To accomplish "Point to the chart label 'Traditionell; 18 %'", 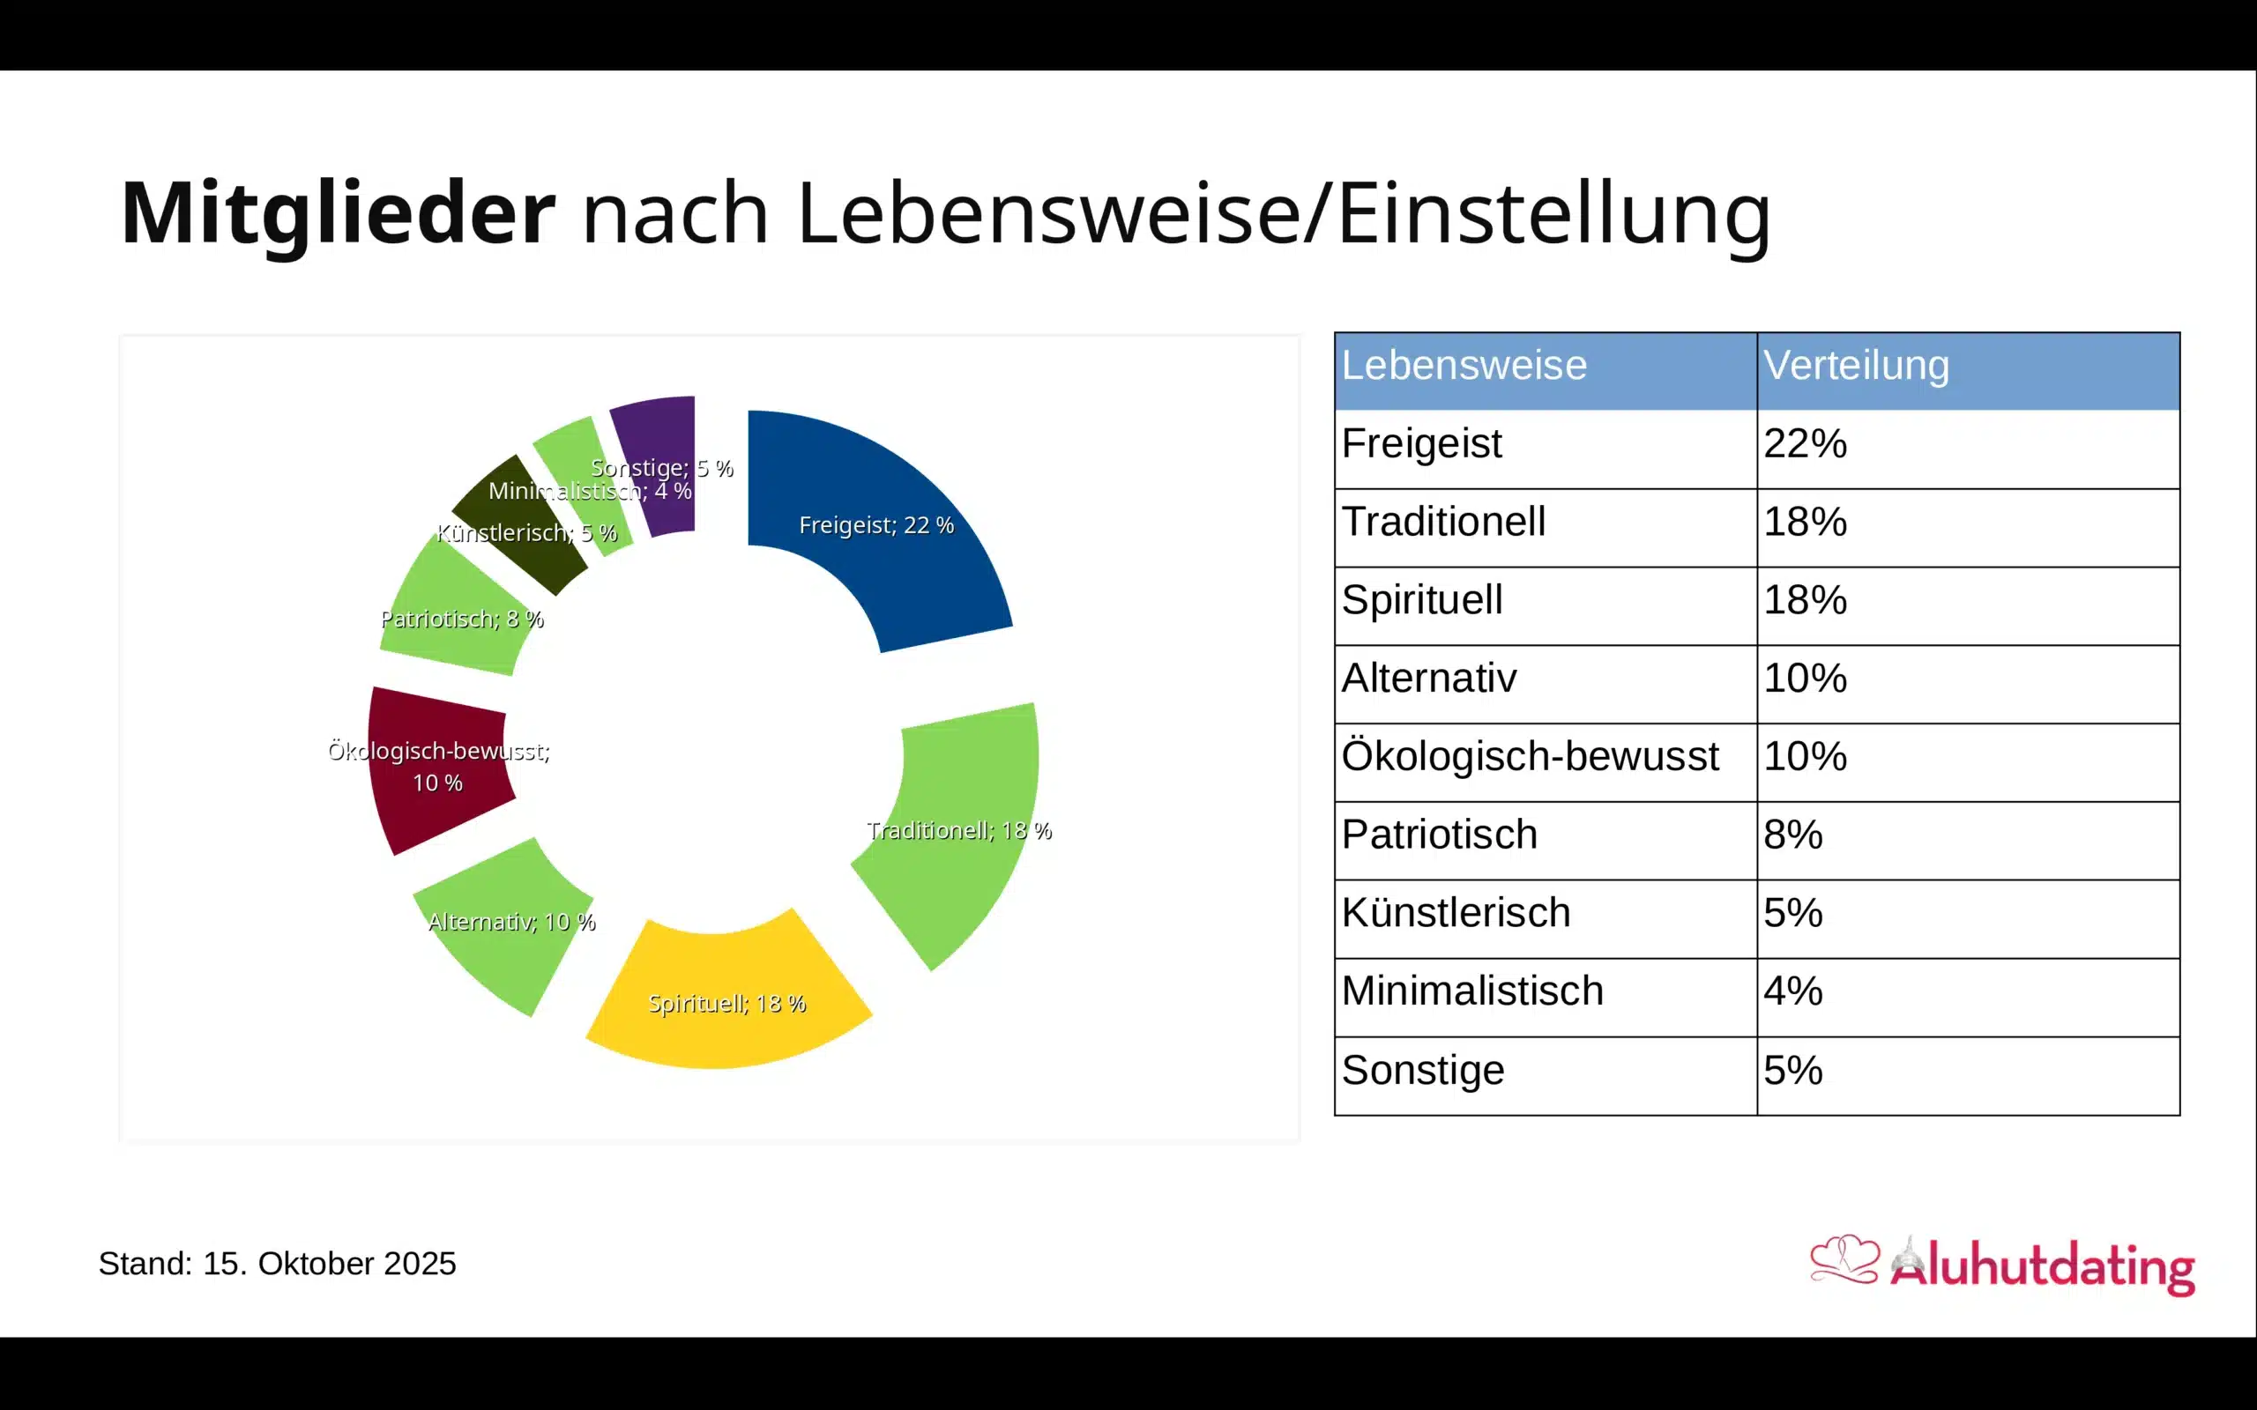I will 958,831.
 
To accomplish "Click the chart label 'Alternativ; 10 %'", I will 511,923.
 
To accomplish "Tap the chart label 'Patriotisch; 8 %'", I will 462,620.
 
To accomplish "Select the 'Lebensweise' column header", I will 1464,366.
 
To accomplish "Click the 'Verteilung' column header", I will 1856,366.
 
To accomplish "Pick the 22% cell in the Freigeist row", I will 1805,444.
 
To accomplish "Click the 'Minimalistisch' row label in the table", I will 1471,991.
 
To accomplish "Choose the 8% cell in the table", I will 1792,835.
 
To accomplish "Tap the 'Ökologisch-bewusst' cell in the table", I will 1530,756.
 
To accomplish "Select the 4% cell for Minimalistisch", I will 1792,991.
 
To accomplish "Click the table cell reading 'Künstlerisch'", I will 1456,913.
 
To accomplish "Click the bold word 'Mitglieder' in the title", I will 338,213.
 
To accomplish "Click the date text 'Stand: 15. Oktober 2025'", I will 277,1264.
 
